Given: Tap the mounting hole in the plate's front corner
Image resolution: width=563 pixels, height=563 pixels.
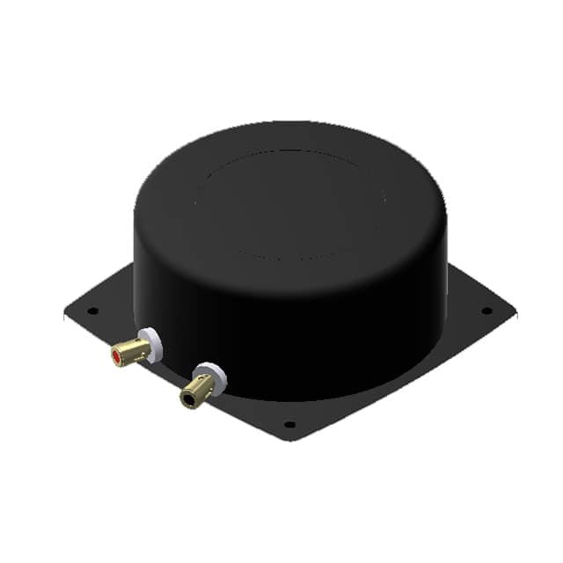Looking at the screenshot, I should point(289,424).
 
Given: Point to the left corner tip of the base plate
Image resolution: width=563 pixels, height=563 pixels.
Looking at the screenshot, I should point(65,311).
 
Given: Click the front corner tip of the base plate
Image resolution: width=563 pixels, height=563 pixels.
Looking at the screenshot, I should point(290,439).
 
